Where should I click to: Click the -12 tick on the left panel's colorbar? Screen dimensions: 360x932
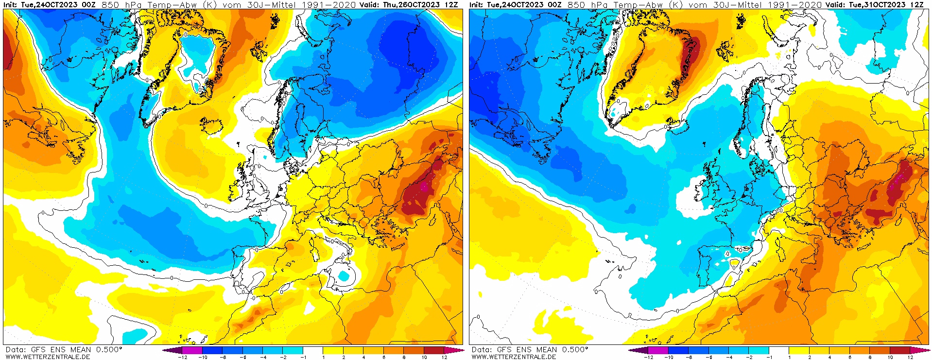pyautogui.click(x=183, y=357)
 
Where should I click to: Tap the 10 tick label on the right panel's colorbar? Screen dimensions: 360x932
pyautogui.click(x=890, y=357)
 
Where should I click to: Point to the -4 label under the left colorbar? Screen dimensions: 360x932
pyautogui.click(x=263, y=357)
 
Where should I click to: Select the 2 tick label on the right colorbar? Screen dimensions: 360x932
pyautogui.click(x=810, y=357)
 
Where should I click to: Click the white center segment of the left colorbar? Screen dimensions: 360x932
pyautogui.click(x=313, y=350)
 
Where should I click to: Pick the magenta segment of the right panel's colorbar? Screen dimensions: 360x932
pyautogui.click(x=658, y=350)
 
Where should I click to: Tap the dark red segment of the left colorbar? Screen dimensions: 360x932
pyautogui.click(x=433, y=350)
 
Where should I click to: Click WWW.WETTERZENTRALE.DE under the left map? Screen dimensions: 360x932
pyautogui.click(x=48, y=357)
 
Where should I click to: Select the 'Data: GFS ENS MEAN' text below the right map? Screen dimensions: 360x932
pyautogui.click(x=510, y=349)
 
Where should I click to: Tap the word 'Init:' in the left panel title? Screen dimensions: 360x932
pyautogui.click(x=11, y=4)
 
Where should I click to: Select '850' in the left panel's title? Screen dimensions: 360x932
pyautogui.click(x=110, y=4)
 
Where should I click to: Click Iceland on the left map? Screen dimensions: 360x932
pyautogui.click(x=212, y=126)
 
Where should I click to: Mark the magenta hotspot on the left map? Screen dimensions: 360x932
pyautogui.click(x=424, y=186)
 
